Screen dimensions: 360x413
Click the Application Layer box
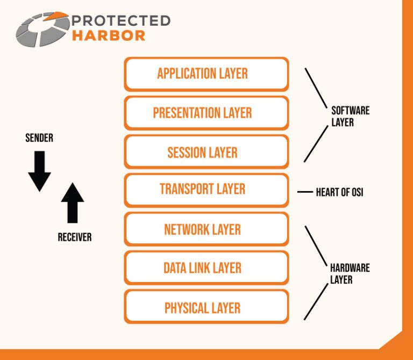pos(206,74)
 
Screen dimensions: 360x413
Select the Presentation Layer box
pos(206,113)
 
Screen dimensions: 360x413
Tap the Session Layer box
pos(206,152)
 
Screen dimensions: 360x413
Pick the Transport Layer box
pos(206,189)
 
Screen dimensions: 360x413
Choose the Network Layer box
pos(206,230)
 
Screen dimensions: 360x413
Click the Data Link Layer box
pos(206,268)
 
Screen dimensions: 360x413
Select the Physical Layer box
pos(206,308)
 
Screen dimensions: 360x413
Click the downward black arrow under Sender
pos(39,171)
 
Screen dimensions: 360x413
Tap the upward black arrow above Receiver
pos(73,202)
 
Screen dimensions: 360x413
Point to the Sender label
pos(39,138)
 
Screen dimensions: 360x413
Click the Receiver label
pos(75,237)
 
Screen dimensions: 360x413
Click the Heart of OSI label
pos(339,192)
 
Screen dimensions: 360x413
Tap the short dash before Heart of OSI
pos(305,192)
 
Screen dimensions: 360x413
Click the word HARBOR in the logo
pos(108,36)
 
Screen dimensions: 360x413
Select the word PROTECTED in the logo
pos(120,21)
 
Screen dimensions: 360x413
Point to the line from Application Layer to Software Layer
pos(316,87)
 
